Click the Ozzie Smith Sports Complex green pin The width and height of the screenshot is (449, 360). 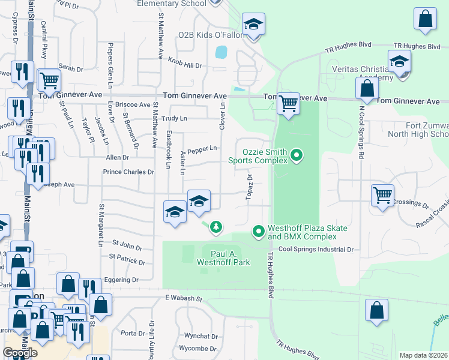(296, 157)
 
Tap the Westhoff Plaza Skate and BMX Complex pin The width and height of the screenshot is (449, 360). (259, 231)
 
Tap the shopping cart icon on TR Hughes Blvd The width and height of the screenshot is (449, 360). (288, 104)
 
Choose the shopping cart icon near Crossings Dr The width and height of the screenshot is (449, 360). (382, 194)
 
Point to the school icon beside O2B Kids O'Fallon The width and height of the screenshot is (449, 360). (253, 25)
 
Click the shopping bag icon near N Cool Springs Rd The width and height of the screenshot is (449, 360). (366, 89)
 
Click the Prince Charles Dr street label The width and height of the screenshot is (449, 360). (128, 172)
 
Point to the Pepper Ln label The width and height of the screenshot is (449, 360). (202, 149)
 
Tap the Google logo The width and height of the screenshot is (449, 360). (20, 352)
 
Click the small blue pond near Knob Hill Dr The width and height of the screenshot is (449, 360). (221, 52)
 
